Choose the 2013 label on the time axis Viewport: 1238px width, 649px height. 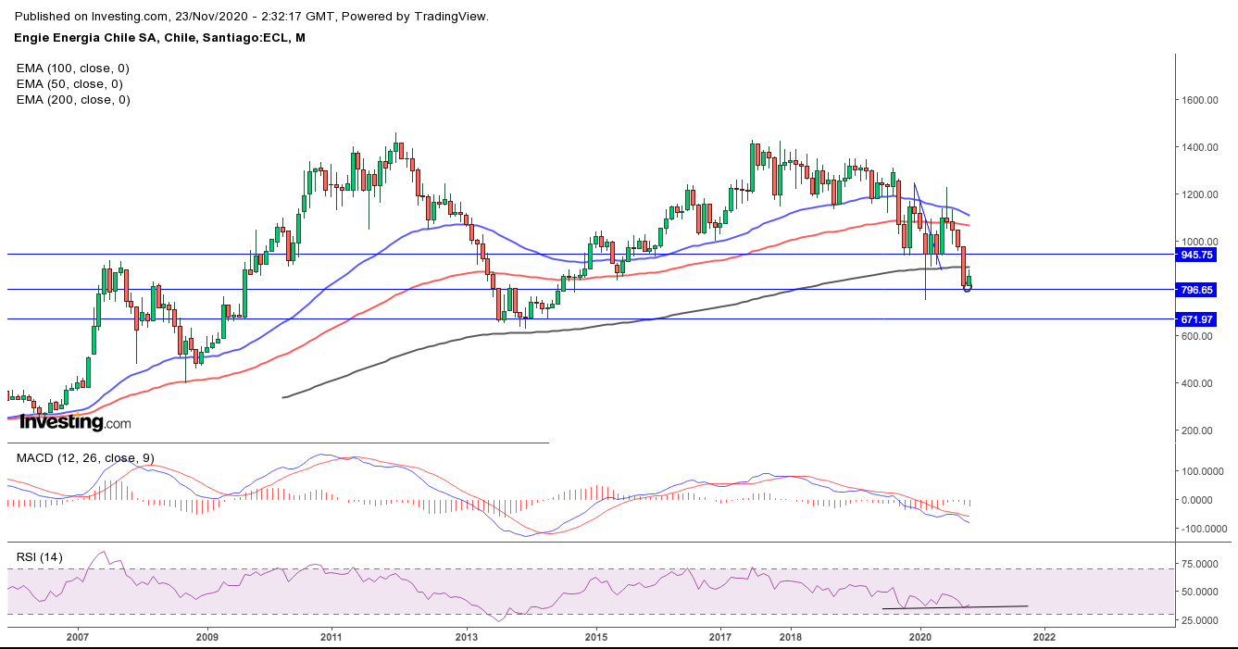click(467, 637)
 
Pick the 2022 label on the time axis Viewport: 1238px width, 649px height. click(1044, 637)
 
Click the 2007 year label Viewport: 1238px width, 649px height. click(77, 637)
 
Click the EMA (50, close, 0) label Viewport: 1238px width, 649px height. click(69, 84)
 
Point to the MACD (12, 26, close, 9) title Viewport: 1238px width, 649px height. click(84, 458)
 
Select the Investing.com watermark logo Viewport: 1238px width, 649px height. click(75, 423)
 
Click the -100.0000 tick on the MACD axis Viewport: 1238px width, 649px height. click(1202, 529)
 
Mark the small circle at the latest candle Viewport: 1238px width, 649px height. click(969, 288)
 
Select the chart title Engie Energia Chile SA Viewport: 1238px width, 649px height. click(89, 38)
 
